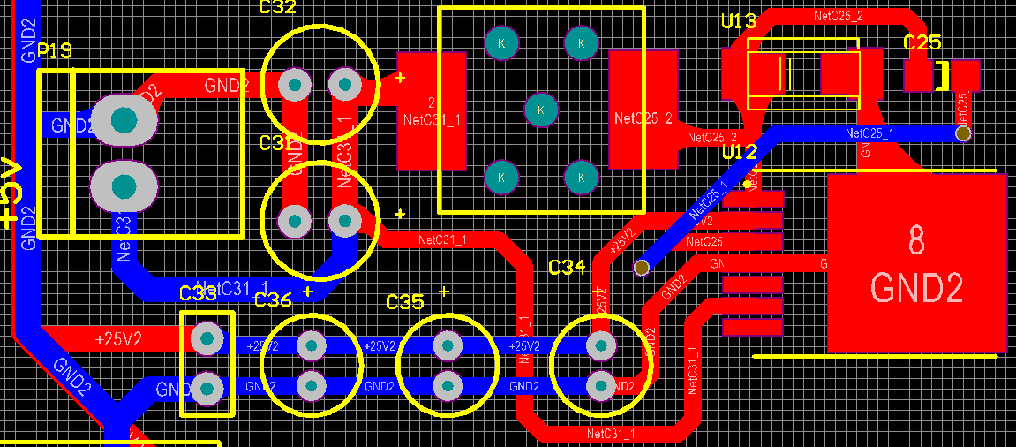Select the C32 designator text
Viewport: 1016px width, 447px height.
[278, 8]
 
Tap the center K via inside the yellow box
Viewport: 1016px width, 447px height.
[541, 110]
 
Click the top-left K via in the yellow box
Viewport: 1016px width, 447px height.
[501, 42]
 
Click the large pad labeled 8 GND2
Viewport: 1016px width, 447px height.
[916, 262]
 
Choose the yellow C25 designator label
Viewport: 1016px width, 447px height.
[922, 42]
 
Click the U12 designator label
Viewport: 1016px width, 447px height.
[740, 152]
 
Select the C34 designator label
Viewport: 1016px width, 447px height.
[567, 267]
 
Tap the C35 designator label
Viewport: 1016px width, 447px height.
[405, 302]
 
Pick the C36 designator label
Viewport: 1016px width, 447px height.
[273, 301]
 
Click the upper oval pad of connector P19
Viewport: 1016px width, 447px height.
[124, 119]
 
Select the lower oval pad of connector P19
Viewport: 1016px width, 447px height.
[124, 186]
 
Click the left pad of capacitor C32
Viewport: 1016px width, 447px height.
[294, 86]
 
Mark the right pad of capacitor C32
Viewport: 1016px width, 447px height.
[343, 86]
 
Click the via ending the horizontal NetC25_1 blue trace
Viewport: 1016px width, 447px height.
[963, 133]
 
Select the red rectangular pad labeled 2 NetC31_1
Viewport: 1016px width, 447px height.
[432, 110]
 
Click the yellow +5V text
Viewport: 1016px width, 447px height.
[10, 195]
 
